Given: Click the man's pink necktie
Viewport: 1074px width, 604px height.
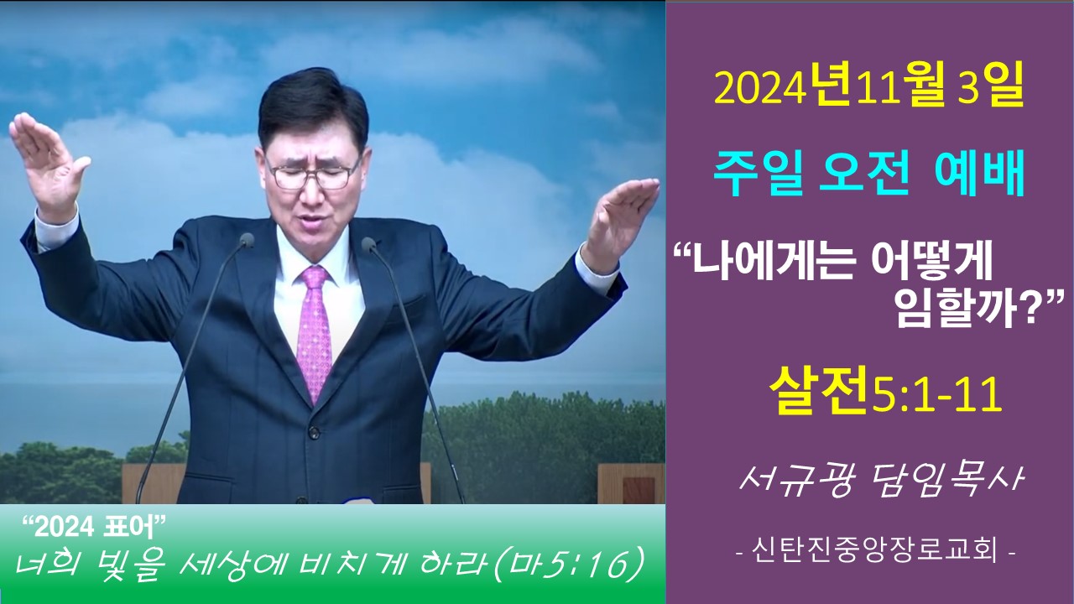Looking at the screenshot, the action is tap(314, 331).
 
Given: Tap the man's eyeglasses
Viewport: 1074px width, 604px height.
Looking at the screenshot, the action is tap(313, 174).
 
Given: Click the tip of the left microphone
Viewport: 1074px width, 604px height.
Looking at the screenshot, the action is tap(247, 240).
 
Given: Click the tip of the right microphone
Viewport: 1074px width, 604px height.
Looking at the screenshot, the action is tap(368, 244).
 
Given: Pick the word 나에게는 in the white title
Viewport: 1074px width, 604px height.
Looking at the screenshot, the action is tap(773, 263).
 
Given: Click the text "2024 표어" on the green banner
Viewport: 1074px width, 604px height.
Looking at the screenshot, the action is tap(95, 528).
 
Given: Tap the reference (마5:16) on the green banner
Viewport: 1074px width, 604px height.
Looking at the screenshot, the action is tap(569, 566).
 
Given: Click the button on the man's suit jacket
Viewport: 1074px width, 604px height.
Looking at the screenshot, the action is tap(313, 432).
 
